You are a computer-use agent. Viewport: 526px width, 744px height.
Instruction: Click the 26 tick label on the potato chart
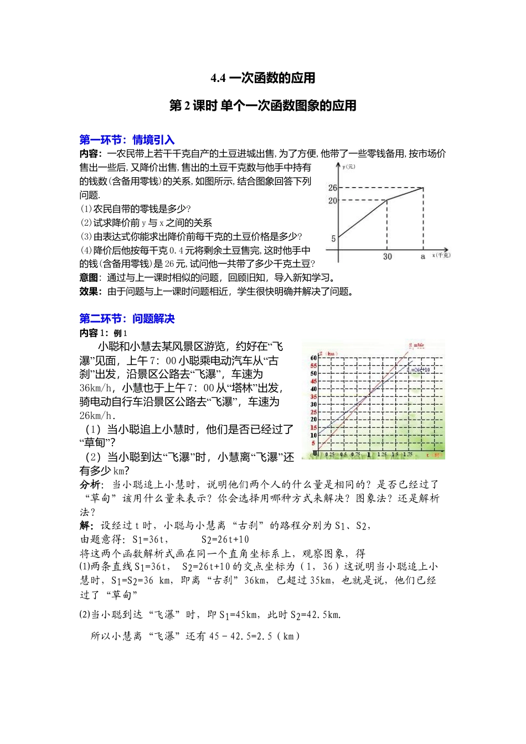click(x=332, y=188)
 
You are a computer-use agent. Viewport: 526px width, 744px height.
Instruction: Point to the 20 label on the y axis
click(x=332, y=200)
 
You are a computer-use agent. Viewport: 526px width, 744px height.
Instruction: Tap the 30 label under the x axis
click(x=387, y=256)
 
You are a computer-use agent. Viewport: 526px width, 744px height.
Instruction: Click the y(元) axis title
click(x=348, y=167)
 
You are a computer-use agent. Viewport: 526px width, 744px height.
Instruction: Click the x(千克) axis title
click(x=441, y=255)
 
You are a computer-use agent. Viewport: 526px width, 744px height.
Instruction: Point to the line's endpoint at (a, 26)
click(x=424, y=188)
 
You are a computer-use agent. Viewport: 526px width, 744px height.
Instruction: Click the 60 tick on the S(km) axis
click(x=313, y=358)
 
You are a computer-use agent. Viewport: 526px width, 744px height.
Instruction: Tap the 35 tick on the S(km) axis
click(x=313, y=396)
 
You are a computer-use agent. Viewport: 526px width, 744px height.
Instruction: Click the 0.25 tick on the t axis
click(x=330, y=454)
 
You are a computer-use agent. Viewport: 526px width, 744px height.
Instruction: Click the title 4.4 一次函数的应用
click(x=263, y=78)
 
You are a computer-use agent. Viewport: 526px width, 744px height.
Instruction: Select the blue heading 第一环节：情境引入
click(x=127, y=140)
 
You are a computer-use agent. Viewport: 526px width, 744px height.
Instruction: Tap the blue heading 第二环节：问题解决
click(x=127, y=319)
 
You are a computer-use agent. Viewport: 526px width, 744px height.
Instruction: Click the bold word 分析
click(x=90, y=485)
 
